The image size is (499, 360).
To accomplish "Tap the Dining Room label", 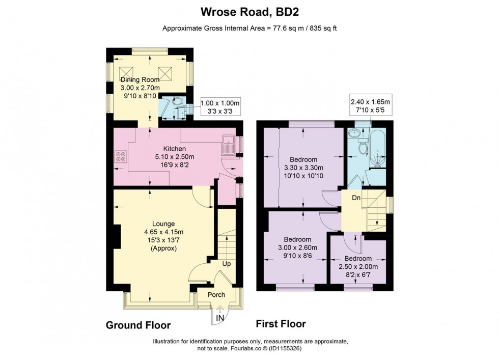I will click(140, 80).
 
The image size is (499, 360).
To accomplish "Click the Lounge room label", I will click(163, 224).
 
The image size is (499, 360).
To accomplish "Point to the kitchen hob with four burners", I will click(121, 156).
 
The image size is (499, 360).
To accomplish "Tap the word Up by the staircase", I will click(227, 264).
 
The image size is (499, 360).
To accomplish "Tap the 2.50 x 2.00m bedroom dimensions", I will click(357, 266).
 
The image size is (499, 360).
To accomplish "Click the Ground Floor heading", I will click(138, 325).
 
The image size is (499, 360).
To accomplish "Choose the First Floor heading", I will click(280, 323).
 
